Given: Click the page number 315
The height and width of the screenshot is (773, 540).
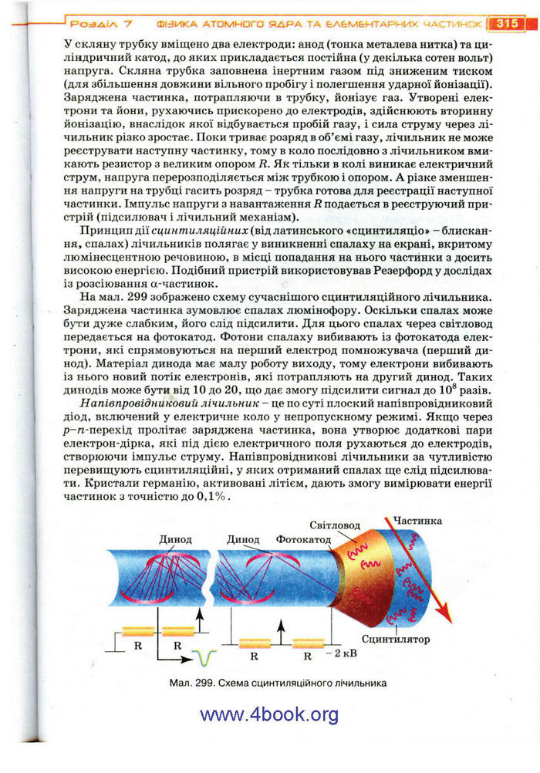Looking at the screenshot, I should [x=506, y=22].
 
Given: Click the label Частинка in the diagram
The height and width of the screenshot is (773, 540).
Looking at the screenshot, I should [x=417, y=521].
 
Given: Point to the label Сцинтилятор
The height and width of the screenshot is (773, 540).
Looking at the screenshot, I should [x=396, y=639].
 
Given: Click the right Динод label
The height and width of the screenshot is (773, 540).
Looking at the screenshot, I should [x=243, y=539].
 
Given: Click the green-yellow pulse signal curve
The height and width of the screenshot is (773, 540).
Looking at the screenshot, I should [x=204, y=657].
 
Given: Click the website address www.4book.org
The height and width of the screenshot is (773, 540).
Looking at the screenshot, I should [x=269, y=714].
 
